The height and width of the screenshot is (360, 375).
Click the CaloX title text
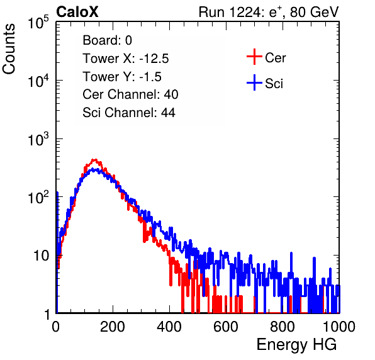click(x=77, y=12)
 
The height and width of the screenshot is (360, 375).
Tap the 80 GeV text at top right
click(x=314, y=12)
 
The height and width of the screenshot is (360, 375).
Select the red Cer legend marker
click(x=254, y=57)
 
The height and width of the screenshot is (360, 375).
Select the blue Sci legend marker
click(x=254, y=82)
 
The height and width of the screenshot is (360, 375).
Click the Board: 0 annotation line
click(x=107, y=40)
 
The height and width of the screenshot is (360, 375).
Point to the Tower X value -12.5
click(x=154, y=59)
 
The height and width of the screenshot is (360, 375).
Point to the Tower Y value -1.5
click(x=150, y=77)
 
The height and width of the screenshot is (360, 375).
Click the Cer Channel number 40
click(x=171, y=94)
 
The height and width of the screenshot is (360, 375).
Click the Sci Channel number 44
click(x=168, y=113)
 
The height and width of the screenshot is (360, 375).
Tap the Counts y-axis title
click(x=9, y=49)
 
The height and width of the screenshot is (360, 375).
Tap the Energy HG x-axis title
click(x=296, y=345)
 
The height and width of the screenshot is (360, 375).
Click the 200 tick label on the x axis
click(x=113, y=327)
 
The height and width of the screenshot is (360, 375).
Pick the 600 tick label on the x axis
click(x=226, y=327)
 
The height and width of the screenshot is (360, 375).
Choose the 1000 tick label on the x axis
click(x=339, y=327)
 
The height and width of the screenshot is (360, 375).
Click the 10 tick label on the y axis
click(x=42, y=256)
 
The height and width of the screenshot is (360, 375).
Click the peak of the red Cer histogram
click(x=95, y=160)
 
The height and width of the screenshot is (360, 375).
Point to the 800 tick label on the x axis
click(x=283, y=327)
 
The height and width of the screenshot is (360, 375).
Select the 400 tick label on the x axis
click(x=169, y=327)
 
